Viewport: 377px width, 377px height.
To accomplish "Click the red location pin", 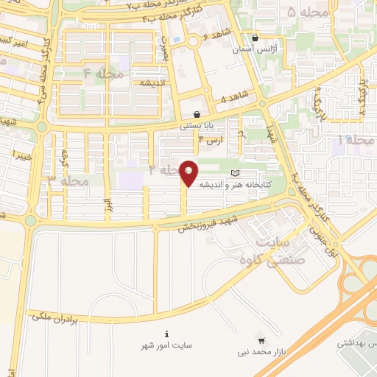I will tap(189, 172).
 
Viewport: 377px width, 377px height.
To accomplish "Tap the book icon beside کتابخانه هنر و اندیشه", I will tap(235, 173).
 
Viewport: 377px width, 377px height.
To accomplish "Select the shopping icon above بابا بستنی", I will tap(197, 115).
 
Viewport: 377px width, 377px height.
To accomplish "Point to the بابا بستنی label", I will tap(197, 126).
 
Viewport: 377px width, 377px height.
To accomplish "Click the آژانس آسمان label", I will tap(253, 49).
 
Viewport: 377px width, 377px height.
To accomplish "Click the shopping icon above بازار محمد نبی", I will tap(259, 340).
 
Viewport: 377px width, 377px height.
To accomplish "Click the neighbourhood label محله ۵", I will tap(302, 13).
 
